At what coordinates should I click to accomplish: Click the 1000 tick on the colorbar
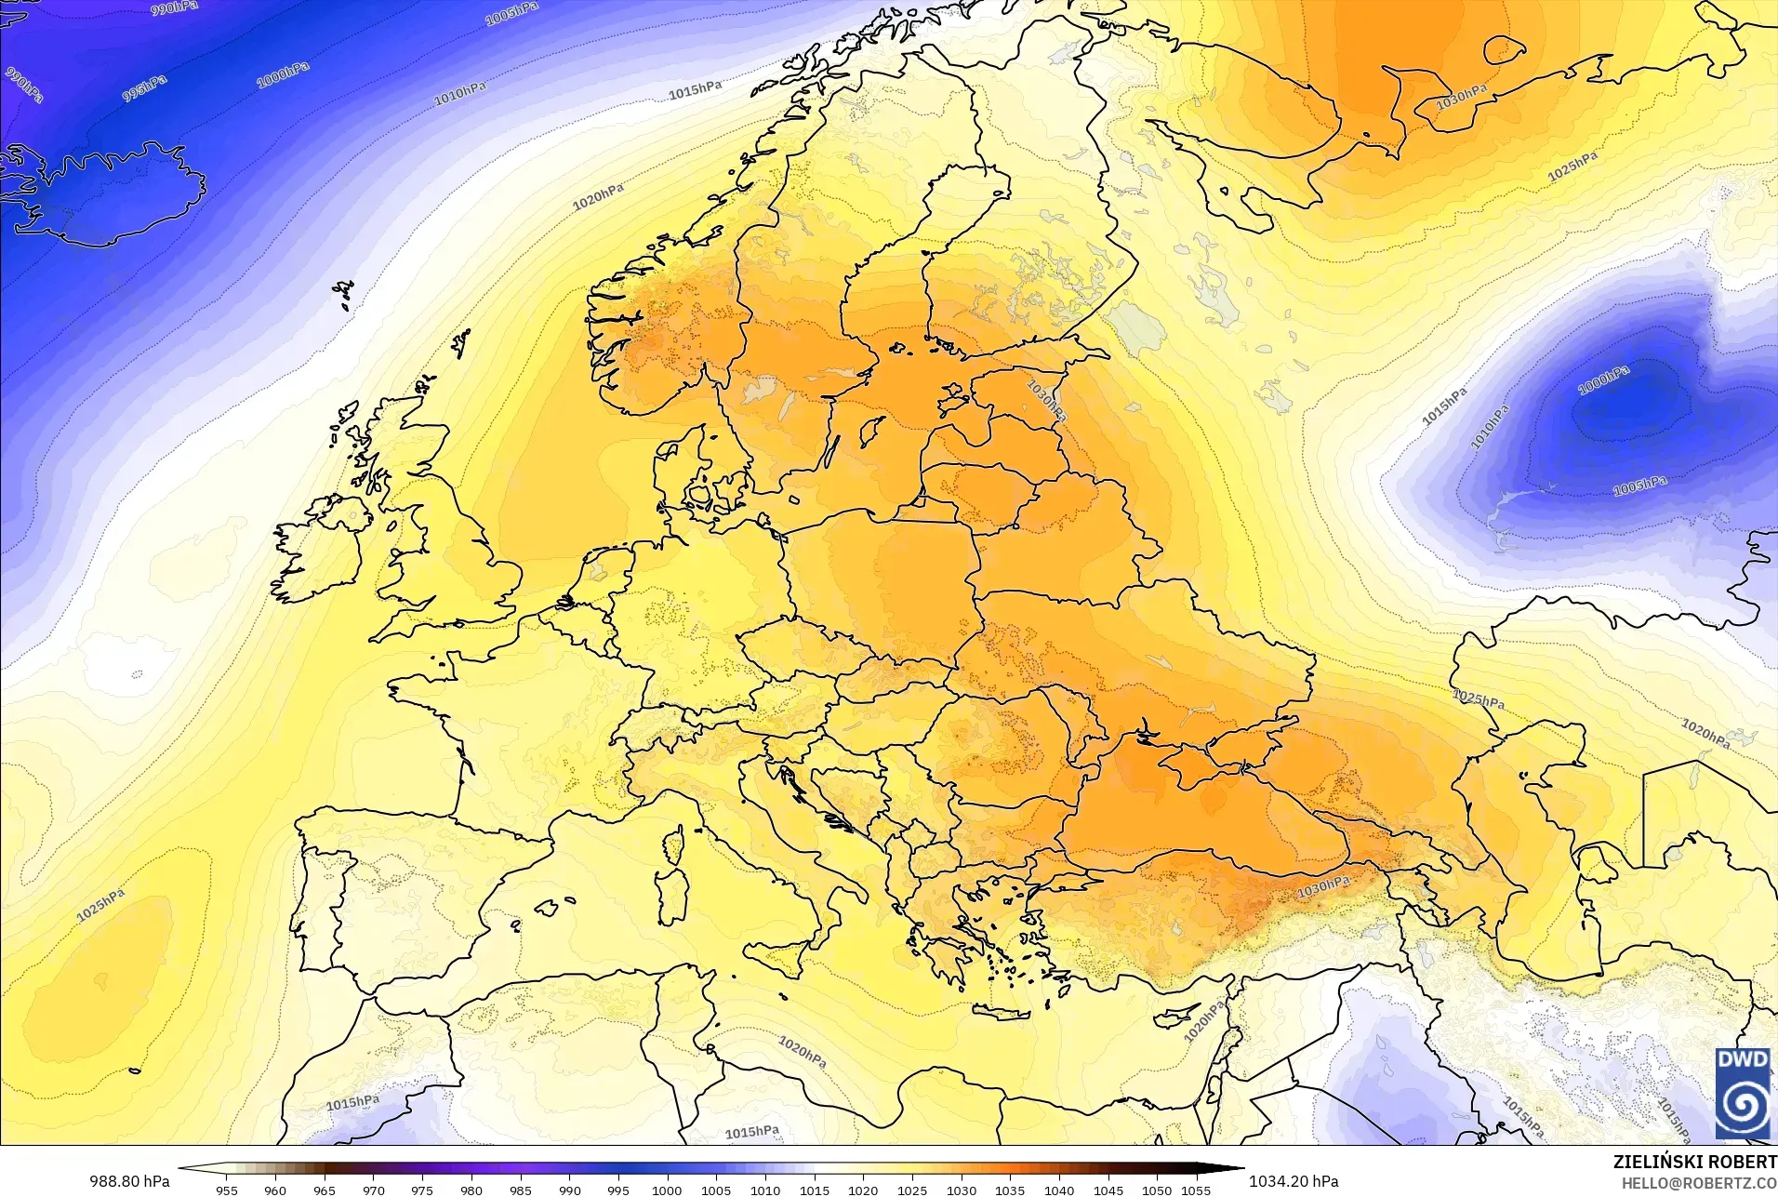click(667, 1190)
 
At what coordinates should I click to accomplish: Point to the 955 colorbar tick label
click(226, 1190)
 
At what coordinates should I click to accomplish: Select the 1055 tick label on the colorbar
click(1196, 1190)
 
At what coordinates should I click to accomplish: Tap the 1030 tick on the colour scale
click(962, 1190)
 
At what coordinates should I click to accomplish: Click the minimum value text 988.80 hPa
click(129, 1181)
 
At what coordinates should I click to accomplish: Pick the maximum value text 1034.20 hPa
click(1294, 1181)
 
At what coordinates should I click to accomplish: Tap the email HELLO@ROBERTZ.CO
click(1699, 1183)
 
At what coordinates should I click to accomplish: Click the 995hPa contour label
click(145, 88)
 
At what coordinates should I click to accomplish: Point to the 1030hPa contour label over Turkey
click(1323, 887)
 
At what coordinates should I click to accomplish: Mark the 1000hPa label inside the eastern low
click(1604, 380)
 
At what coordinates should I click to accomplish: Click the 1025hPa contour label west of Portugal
click(100, 905)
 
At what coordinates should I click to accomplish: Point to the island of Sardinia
click(670, 888)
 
